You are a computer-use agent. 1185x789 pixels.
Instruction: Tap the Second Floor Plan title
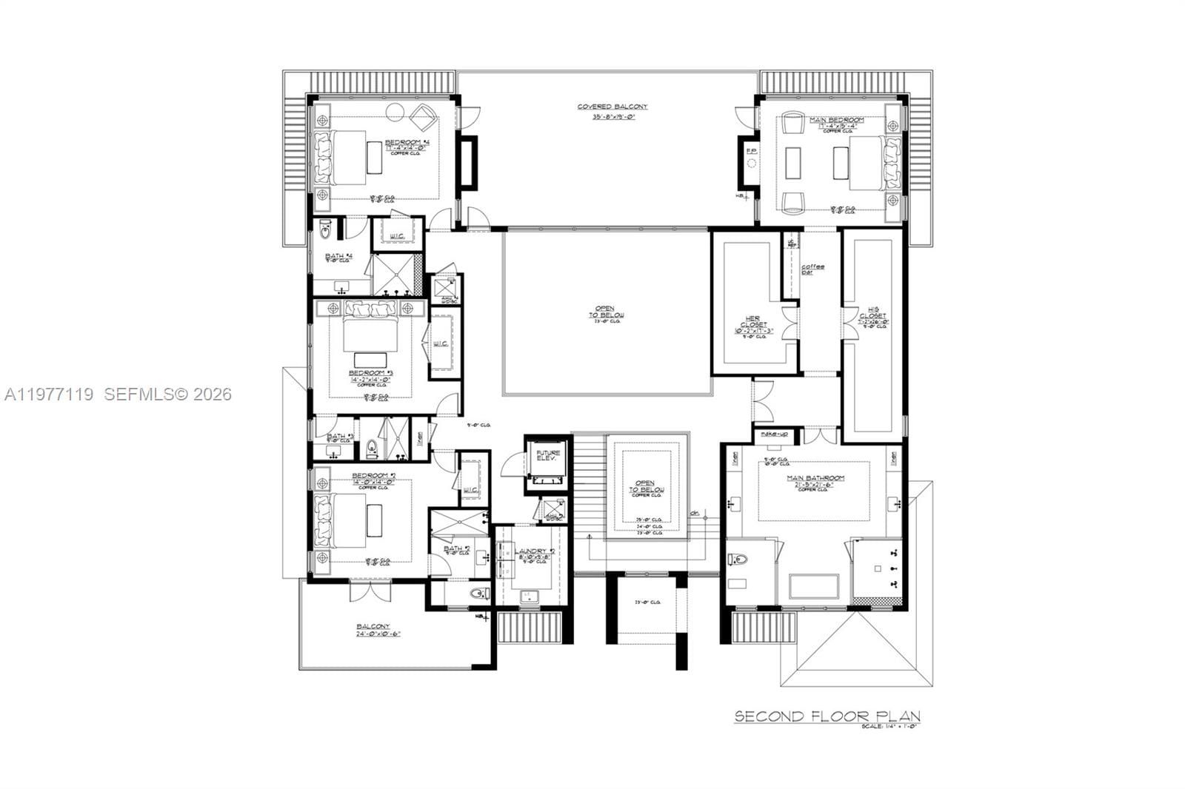click(827, 716)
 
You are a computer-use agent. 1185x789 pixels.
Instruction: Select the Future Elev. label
click(548, 455)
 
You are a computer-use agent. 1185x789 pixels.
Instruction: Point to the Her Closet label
click(752, 324)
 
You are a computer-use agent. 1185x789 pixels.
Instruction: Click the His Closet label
click(872, 318)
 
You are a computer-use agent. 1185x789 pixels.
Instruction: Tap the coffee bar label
click(812, 269)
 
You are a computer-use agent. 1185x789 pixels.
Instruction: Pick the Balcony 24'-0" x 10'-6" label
click(378, 630)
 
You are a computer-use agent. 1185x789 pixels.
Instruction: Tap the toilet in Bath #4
click(325, 232)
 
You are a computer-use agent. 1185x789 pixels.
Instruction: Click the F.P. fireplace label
click(750, 152)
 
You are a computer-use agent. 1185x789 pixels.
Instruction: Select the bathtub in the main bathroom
click(814, 586)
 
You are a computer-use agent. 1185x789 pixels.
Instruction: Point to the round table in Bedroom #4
click(395, 113)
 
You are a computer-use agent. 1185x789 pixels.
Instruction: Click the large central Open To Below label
click(606, 312)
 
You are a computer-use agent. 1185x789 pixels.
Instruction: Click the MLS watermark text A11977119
click(49, 394)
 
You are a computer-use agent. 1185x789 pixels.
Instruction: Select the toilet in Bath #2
click(478, 593)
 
